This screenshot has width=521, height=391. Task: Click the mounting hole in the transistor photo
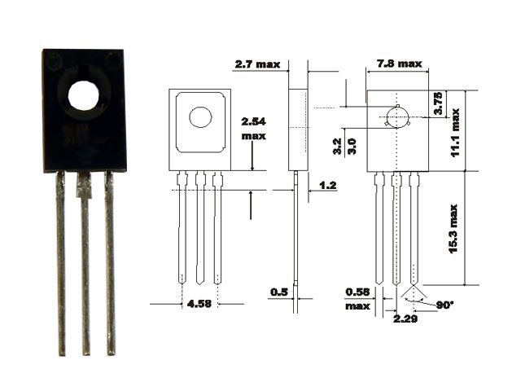(84, 96)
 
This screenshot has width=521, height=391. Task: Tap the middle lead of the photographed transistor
(85, 263)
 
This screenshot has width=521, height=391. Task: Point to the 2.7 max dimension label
(257, 64)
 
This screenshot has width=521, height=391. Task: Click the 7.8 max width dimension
(400, 64)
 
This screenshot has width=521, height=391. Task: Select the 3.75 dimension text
(438, 103)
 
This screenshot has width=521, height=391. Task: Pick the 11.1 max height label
(455, 132)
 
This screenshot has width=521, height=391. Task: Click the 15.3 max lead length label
(453, 229)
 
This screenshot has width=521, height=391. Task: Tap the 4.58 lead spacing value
(199, 304)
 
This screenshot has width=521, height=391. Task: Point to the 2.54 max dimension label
(253, 129)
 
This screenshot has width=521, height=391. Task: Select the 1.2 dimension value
(328, 185)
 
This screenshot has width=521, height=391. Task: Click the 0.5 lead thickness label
(279, 292)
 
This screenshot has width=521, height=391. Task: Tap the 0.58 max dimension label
(357, 299)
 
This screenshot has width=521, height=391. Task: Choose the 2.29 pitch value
(405, 319)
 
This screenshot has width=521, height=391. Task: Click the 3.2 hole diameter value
(337, 147)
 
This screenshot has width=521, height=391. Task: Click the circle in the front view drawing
(200, 117)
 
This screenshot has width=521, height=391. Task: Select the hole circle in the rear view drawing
(397, 117)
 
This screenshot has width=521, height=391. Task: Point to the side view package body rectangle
(299, 130)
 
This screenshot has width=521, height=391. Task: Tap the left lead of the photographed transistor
(60, 262)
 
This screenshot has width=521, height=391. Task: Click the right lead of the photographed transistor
(111, 262)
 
